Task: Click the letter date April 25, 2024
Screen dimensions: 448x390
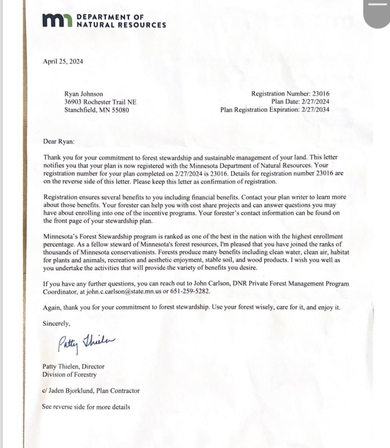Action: tap(63, 62)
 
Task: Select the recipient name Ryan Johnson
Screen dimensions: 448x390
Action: tap(84, 94)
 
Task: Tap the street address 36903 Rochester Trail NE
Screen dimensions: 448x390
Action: tap(100, 102)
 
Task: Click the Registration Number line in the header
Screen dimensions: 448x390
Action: tap(290, 94)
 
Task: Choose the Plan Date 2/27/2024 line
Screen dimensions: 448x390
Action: tap(300, 102)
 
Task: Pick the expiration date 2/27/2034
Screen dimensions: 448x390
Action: tap(315, 109)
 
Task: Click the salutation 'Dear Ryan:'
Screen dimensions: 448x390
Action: tap(59, 141)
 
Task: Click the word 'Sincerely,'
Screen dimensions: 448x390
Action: tap(57, 324)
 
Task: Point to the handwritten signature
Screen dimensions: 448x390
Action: tap(87, 343)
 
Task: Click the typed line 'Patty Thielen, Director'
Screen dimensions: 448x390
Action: tap(73, 366)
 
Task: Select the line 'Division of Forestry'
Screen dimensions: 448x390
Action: tap(69, 375)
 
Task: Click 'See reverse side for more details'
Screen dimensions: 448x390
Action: tap(86, 407)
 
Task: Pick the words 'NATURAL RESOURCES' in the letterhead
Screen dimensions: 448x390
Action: tap(121, 25)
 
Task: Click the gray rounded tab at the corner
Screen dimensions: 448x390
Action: tap(376, 13)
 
